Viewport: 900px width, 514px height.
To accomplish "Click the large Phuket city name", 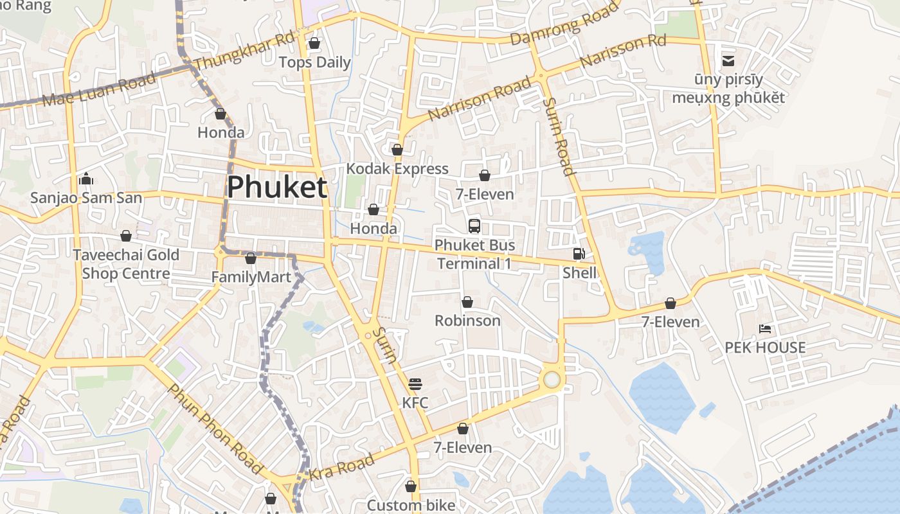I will pos(277,187).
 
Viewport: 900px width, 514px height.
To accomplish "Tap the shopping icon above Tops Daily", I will pos(314,43).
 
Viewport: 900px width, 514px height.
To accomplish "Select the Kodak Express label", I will pos(397,168).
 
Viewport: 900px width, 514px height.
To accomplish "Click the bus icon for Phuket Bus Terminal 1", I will pos(474,226).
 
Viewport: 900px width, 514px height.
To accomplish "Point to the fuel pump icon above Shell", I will pos(579,254).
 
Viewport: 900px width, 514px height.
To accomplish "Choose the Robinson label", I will pos(467,320).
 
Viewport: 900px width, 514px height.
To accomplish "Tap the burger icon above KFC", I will pos(415,384).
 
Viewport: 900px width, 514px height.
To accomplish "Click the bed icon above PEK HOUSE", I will pos(765,329).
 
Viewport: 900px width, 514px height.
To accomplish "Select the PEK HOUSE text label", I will pos(765,348).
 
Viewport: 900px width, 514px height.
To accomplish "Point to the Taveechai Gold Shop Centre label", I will pos(126,264).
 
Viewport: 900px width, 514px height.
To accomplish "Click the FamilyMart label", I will pos(251,278).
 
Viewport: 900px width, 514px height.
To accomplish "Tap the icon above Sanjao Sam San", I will pos(86,179).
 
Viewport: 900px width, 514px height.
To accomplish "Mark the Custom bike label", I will pos(411,505).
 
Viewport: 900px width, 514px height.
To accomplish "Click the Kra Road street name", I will pos(341,468).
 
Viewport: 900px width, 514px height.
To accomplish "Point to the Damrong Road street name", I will pos(564,24).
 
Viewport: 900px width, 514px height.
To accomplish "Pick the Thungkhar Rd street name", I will pos(244,51).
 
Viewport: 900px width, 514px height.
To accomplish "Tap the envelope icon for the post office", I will pos(728,61).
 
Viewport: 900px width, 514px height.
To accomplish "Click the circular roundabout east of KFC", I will pos(552,379).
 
